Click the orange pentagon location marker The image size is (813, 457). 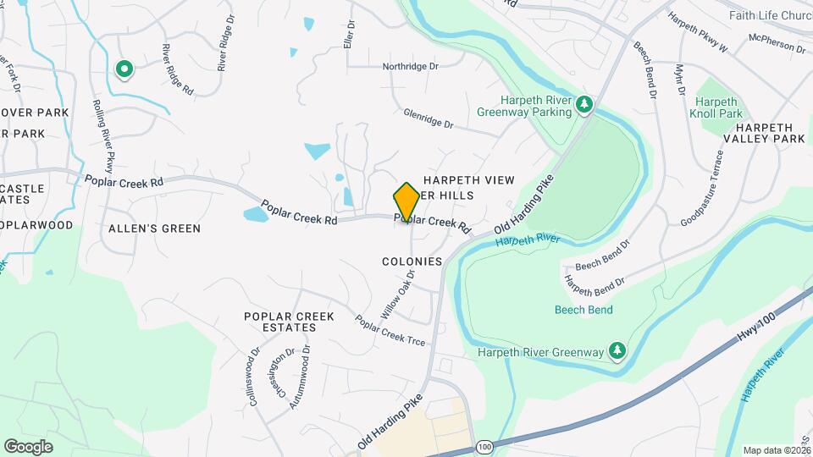click(x=406, y=201)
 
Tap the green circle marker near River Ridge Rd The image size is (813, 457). click(x=124, y=69)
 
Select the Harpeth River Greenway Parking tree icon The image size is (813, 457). click(x=583, y=105)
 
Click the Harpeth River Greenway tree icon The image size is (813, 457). click(x=618, y=351)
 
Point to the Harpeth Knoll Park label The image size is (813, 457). click(x=717, y=107)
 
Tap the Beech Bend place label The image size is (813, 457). click(x=583, y=310)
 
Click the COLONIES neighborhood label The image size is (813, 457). click(x=412, y=262)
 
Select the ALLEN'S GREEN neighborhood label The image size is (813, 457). click(x=154, y=228)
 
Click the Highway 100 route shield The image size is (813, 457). click(x=484, y=446)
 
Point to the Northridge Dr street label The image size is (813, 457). click(x=411, y=66)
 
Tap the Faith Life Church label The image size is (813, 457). click(x=770, y=15)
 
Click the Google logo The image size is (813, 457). click(x=28, y=446)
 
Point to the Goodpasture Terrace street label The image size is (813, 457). click(x=702, y=189)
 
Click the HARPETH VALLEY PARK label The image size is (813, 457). click(x=763, y=138)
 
